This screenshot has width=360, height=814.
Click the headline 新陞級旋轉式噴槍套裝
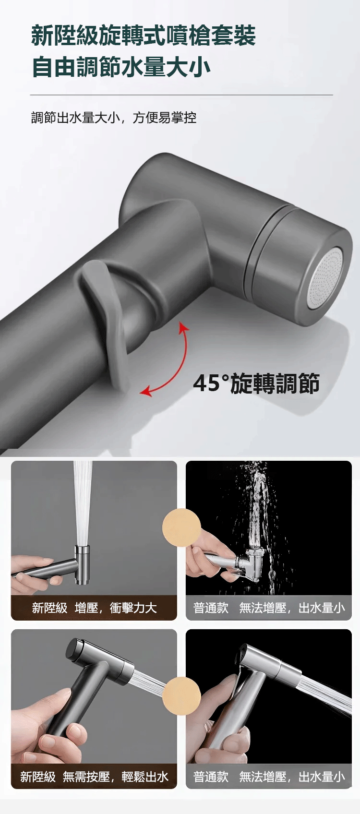click(144, 36)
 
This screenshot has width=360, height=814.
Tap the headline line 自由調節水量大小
click(121, 67)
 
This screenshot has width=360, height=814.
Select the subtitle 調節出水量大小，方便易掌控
click(114, 118)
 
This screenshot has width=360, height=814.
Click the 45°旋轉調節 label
click(256, 383)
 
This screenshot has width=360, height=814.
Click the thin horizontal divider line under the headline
click(181, 95)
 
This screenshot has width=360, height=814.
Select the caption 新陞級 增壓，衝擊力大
click(94, 608)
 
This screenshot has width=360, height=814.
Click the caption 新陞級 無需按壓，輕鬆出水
click(94, 777)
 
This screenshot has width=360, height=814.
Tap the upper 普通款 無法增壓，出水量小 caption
click(269, 608)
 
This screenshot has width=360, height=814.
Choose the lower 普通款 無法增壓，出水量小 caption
click(269, 777)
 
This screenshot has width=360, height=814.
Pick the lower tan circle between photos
click(181, 696)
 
